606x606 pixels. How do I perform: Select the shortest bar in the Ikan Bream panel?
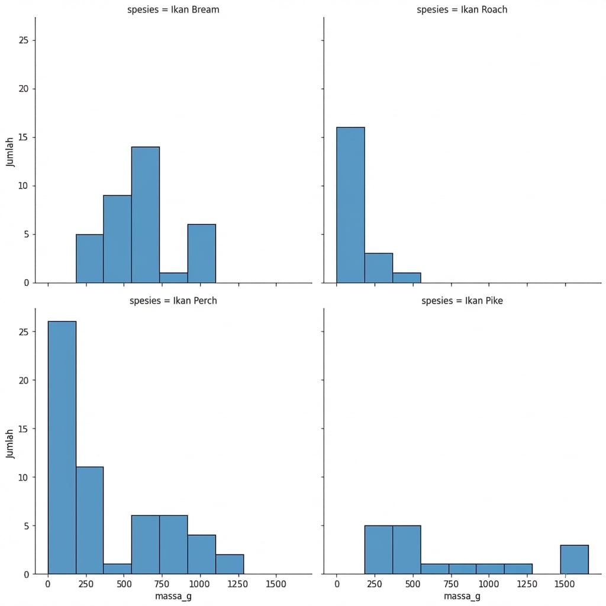pyautogui.click(x=173, y=278)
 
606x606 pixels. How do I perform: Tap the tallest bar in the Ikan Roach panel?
pyautogui.click(x=350, y=205)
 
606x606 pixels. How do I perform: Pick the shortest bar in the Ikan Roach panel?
pyautogui.click(x=407, y=278)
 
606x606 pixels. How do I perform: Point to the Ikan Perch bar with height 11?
pyautogui.click(x=89, y=520)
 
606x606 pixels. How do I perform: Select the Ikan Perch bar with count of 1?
pyautogui.click(x=117, y=569)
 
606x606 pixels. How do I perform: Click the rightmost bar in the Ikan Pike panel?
pyautogui.click(x=574, y=559)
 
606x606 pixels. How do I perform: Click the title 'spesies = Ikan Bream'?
pyautogui.click(x=173, y=10)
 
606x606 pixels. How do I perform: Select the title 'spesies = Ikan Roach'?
pyautogui.click(x=462, y=10)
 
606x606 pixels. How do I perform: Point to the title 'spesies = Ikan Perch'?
pyautogui.click(x=173, y=301)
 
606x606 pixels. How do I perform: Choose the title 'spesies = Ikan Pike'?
pyautogui.click(x=462, y=301)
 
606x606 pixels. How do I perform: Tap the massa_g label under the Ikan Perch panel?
pyautogui.click(x=173, y=596)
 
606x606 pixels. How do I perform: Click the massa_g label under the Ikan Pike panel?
pyautogui.click(x=462, y=596)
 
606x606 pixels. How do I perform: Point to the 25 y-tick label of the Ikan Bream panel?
pyautogui.click(x=24, y=40)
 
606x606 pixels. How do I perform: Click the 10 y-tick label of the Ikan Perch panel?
pyautogui.click(x=24, y=477)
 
